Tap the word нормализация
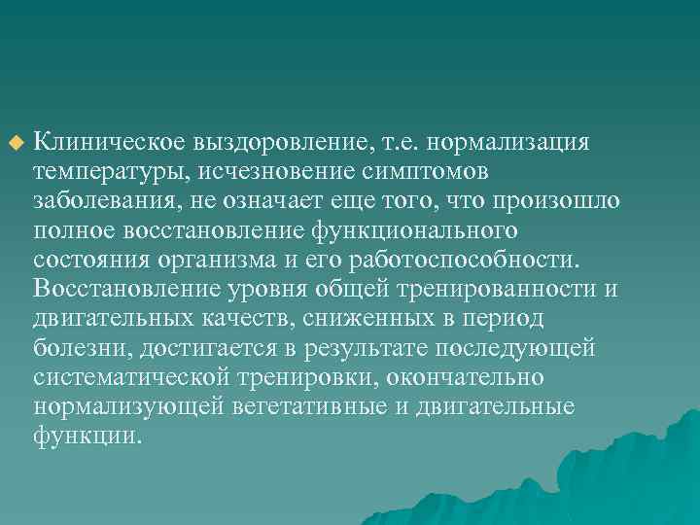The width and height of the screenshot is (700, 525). point(515,143)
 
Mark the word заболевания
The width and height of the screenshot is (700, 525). point(104,201)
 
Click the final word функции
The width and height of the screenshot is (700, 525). point(87,435)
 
